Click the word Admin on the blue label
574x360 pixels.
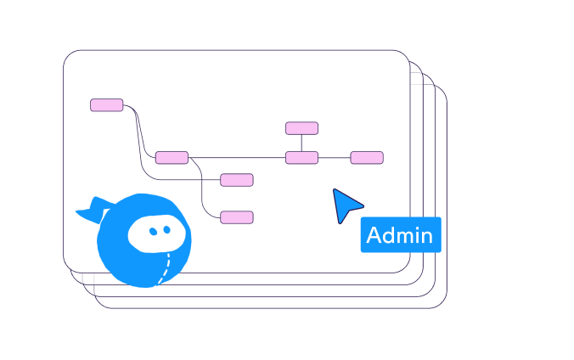click(400, 235)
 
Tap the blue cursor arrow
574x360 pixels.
click(346, 205)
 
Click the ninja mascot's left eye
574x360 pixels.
click(154, 231)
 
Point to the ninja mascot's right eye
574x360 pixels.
click(167, 229)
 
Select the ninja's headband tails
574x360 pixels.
click(92, 210)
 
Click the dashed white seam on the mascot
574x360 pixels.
click(166, 267)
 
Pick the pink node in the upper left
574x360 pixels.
click(107, 105)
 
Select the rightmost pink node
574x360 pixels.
click(367, 157)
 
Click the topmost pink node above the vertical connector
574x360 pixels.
click(301, 128)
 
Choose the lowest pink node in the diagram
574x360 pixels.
click(237, 217)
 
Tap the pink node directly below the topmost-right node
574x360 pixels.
click(301, 157)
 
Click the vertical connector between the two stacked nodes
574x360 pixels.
click(301, 143)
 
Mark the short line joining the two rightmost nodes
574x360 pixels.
click(335, 157)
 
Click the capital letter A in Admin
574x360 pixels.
click(374, 235)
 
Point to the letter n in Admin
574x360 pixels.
click(425, 237)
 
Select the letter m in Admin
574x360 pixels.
click(403, 237)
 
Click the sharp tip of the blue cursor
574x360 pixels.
click(335, 190)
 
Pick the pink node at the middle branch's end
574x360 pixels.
click(237, 179)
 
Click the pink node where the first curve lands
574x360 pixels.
click(172, 157)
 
